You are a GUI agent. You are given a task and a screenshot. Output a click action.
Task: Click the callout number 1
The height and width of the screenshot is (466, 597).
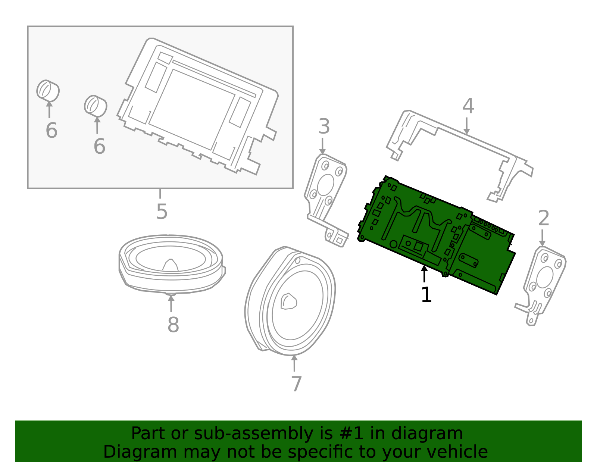point(426,295)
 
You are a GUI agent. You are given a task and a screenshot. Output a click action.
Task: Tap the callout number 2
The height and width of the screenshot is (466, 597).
point(544,218)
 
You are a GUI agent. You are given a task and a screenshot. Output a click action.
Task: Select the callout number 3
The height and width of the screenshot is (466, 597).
point(324,127)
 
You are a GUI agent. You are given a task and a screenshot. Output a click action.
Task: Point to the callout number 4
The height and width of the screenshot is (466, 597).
point(468,106)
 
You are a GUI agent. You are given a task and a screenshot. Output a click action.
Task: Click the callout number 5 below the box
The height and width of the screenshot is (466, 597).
point(162,212)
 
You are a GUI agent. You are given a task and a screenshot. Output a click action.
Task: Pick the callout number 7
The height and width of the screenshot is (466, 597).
point(296,384)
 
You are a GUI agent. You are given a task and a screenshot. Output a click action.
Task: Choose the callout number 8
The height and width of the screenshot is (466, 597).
point(173,325)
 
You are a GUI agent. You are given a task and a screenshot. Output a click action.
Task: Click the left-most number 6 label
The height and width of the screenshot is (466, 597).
point(51,131)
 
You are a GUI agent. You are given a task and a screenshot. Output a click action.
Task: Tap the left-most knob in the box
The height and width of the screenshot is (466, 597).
point(48,90)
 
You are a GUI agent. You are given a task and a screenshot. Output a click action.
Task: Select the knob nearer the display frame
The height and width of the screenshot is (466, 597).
point(96,106)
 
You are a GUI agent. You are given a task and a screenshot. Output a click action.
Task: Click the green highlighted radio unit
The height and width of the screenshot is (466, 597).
point(437,235)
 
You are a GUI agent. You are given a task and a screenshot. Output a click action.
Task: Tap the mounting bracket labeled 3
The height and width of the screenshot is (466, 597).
point(325,194)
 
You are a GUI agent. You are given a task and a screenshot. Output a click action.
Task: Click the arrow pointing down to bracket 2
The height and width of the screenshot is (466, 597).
point(542,238)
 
